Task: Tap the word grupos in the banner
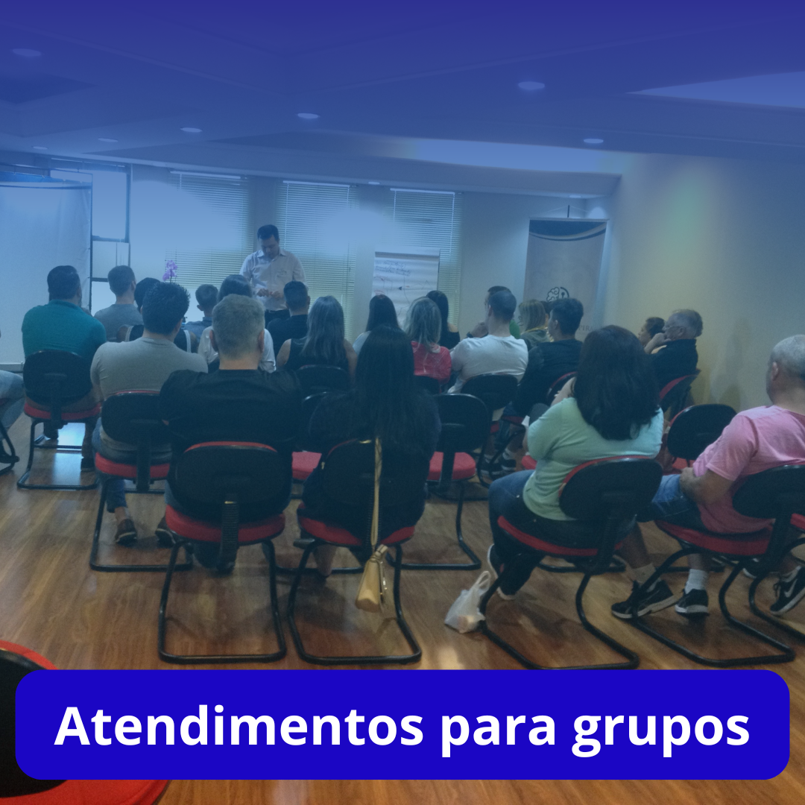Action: point(660,727)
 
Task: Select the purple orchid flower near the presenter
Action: point(171,270)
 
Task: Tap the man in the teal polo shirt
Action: point(63,328)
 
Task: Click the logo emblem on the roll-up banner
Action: point(557,294)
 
